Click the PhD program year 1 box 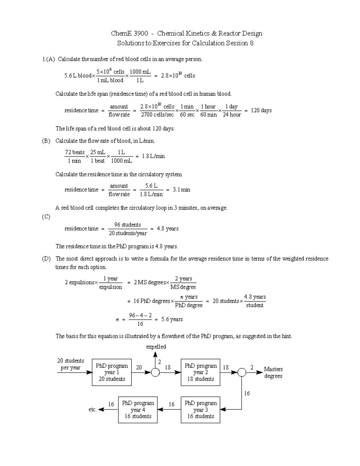point(112,372)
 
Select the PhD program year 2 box point(200,372)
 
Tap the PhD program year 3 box point(200,410)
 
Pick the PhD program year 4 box point(138,410)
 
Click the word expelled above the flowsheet point(156,347)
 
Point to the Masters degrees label point(273,372)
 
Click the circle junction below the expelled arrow point(155,372)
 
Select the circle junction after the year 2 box point(242,372)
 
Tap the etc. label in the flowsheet point(92,410)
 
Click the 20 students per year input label point(70,364)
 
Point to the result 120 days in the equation point(261,110)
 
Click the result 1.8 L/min point(153,156)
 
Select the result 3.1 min point(181,190)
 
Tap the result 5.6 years point(172,319)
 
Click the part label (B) point(46,141)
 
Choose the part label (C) point(46,217)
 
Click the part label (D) point(46,259)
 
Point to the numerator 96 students point(127,225)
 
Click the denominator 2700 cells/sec point(157,115)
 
